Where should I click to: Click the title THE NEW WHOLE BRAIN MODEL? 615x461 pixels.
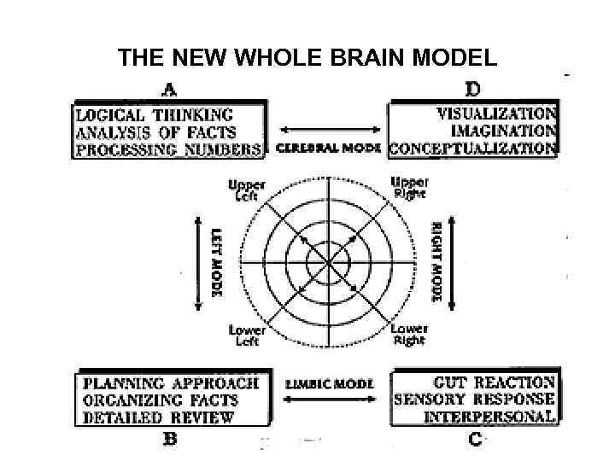307,59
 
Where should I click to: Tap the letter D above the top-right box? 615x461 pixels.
471,88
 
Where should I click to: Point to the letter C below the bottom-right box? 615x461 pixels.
475,439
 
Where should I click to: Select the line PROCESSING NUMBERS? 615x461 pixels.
168,149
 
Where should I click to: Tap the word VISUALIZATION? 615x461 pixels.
496,113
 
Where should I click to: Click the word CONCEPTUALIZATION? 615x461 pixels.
473,148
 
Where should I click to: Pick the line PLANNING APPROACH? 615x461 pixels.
171,383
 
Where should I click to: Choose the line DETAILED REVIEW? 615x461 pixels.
158,417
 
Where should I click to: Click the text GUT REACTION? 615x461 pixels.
495,382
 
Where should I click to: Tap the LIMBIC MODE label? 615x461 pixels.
329,384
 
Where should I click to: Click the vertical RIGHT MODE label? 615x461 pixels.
436,262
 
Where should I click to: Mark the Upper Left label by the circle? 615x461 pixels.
247,190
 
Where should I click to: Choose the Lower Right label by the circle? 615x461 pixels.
408,335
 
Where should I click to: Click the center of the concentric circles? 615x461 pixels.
328,261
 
